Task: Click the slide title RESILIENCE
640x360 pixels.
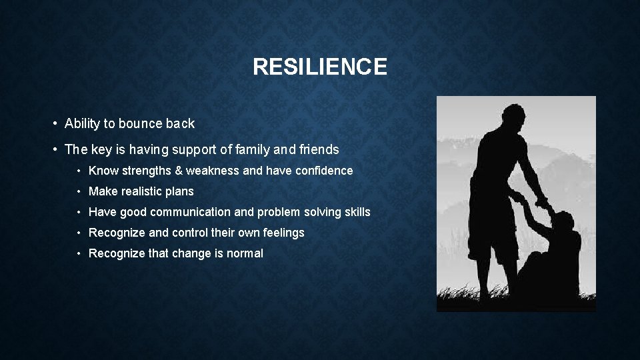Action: click(320, 67)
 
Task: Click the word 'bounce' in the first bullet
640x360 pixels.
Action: click(140, 123)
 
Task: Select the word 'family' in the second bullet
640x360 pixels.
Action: click(258, 149)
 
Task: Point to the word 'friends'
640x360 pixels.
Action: click(318, 149)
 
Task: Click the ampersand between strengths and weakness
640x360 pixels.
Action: click(179, 171)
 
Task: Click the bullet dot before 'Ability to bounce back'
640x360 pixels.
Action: click(54, 124)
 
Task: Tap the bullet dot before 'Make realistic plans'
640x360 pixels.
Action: click(79, 192)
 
